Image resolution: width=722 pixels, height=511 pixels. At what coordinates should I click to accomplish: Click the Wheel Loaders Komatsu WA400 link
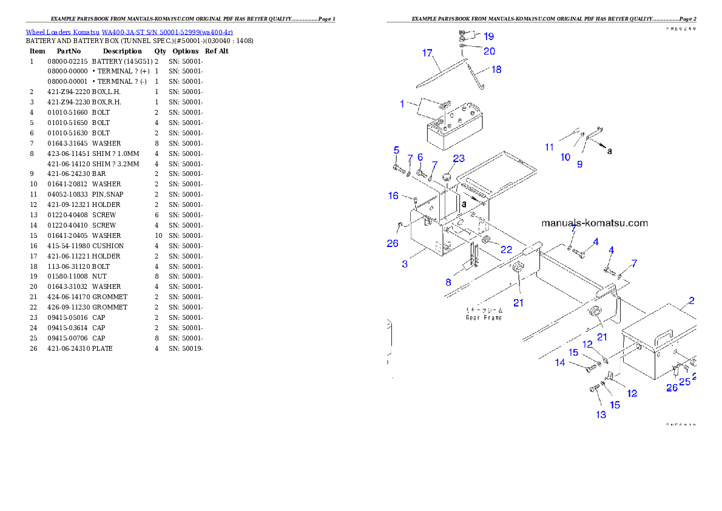pyautogui.click(x=129, y=32)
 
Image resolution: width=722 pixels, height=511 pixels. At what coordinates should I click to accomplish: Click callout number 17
pyautogui.click(x=427, y=53)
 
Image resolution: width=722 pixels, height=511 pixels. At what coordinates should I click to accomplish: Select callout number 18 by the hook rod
pyautogui.click(x=496, y=70)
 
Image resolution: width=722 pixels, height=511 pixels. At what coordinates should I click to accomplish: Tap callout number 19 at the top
pyautogui.click(x=488, y=37)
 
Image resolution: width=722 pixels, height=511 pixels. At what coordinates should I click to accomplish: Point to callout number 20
pyautogui.click(x=489, y=51)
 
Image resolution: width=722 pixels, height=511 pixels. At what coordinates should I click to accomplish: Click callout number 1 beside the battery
pyautogui.click(x=402, y=104)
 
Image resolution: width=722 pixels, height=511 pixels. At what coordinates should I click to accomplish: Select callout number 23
pyautogui.click(x=459, y=158)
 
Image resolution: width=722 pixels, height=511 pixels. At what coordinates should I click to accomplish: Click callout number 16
pyautogui.click(x=393, y=195)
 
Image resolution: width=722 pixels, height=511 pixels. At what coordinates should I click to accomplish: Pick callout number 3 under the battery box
pyautogui.click(x=405, y=263)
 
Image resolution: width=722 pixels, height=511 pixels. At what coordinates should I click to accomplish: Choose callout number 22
pyautogui.click(x=506, y=250)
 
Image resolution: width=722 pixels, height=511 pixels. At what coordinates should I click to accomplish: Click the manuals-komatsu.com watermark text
pyautogui.click(x=594, y=223)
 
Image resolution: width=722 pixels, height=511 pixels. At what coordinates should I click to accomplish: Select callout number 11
pyautogui.click(x=549, y=147)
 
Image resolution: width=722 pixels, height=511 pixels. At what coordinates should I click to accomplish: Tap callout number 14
pyautogui.click(x=559, y=363)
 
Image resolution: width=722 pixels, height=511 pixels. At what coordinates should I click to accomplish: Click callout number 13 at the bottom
pyautogui.click(x=601, y=415)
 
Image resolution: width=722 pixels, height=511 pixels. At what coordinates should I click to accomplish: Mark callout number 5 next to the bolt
pyautogui.click(x=396, y=150)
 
